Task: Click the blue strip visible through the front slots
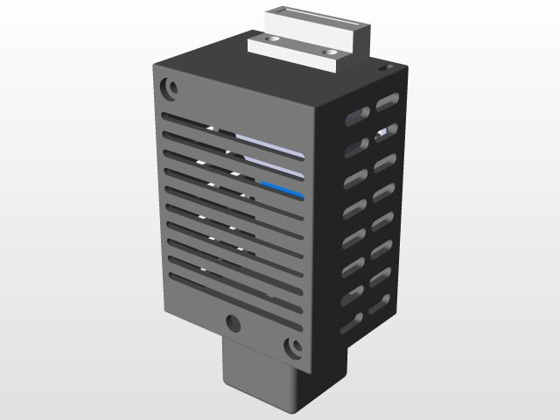click(282, 188)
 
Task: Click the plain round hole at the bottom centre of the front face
click(234, 323)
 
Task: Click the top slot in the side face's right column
click(388, 102)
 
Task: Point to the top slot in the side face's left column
click(355, 116)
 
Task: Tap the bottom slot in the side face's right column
click(378, 304)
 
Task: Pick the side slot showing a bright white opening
click(386, 132)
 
